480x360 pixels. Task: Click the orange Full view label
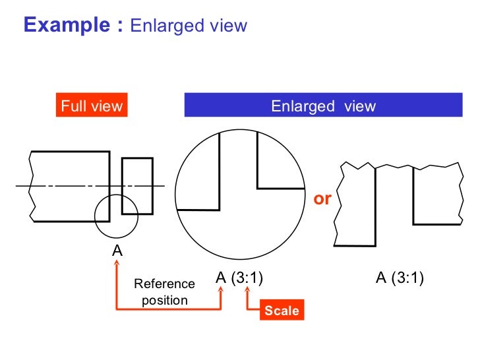click(92, 105)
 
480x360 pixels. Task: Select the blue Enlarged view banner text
click(323, 105)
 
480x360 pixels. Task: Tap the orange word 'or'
click(322, 198)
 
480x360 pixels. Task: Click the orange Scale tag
click(282, 311)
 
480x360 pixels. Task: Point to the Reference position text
click(164, 292)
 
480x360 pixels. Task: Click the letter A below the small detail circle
click(117, 250)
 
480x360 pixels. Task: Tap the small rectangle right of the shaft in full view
click(137, 186)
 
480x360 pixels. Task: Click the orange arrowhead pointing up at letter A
click(117, 264)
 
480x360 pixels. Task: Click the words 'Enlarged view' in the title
click(189, 26)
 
